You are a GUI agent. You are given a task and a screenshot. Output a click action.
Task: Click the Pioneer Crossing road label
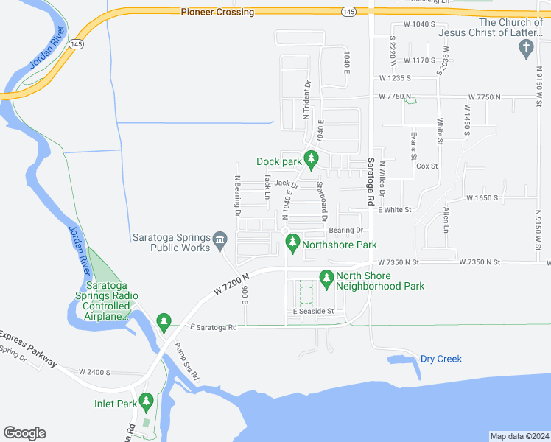217,13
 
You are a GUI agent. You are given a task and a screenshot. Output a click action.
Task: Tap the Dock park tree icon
312,158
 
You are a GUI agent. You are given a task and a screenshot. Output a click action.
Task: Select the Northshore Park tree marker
293,242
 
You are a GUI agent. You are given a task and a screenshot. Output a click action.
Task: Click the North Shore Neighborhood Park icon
326,278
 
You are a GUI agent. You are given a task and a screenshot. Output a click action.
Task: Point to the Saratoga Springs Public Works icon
220,240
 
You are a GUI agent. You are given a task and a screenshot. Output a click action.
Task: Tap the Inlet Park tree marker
146,401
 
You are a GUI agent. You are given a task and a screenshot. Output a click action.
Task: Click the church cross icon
525,49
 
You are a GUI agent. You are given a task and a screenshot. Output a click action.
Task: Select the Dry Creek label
441,359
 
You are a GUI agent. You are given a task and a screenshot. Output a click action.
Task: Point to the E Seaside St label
313,312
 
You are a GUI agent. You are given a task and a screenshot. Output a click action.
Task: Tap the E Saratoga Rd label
213,327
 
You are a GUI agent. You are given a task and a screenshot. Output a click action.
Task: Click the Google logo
24,433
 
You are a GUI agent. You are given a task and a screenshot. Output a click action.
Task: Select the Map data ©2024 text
519,436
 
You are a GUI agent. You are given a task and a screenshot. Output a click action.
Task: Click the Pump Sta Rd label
186,361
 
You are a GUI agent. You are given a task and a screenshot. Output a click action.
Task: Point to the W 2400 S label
94,372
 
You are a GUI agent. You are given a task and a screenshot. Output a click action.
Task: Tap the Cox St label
427,166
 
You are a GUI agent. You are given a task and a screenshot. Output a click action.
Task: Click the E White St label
394,210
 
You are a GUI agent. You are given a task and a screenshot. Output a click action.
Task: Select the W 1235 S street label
395,78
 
